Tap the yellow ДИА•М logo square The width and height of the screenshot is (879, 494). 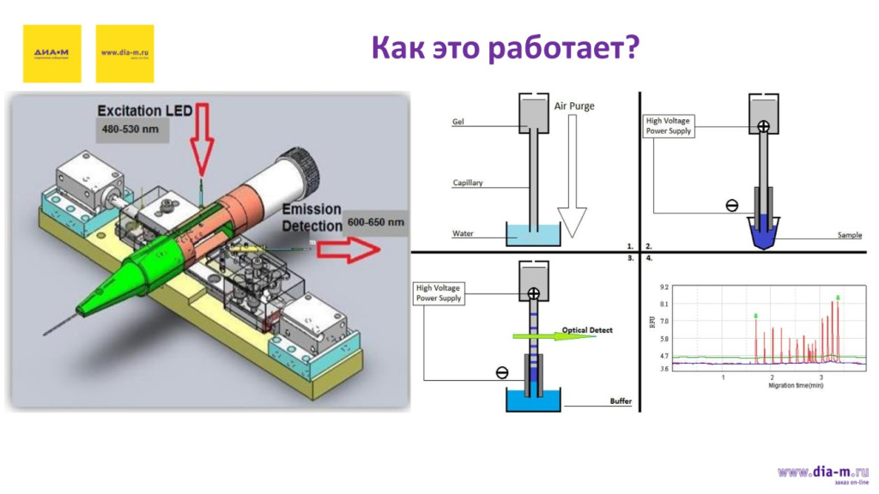[x=52, y=53]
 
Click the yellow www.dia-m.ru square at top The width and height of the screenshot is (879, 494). [x=125, y=53]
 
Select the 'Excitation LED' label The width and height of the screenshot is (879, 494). [x=141, y=111]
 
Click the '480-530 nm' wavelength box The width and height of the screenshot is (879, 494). [x=129, y=131]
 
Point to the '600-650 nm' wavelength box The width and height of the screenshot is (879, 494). [x=375, y=222]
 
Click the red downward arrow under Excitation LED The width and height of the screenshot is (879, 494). [x=201, y=137]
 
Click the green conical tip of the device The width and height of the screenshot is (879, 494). [x=120, y=280]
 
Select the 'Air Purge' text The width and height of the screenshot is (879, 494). [x=574, y=106]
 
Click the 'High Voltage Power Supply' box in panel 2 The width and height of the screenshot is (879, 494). [x=668, y=126]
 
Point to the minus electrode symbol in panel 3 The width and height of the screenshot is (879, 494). [x=502, y=372]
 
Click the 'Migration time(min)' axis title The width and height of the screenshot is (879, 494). [x=796, y=385]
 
